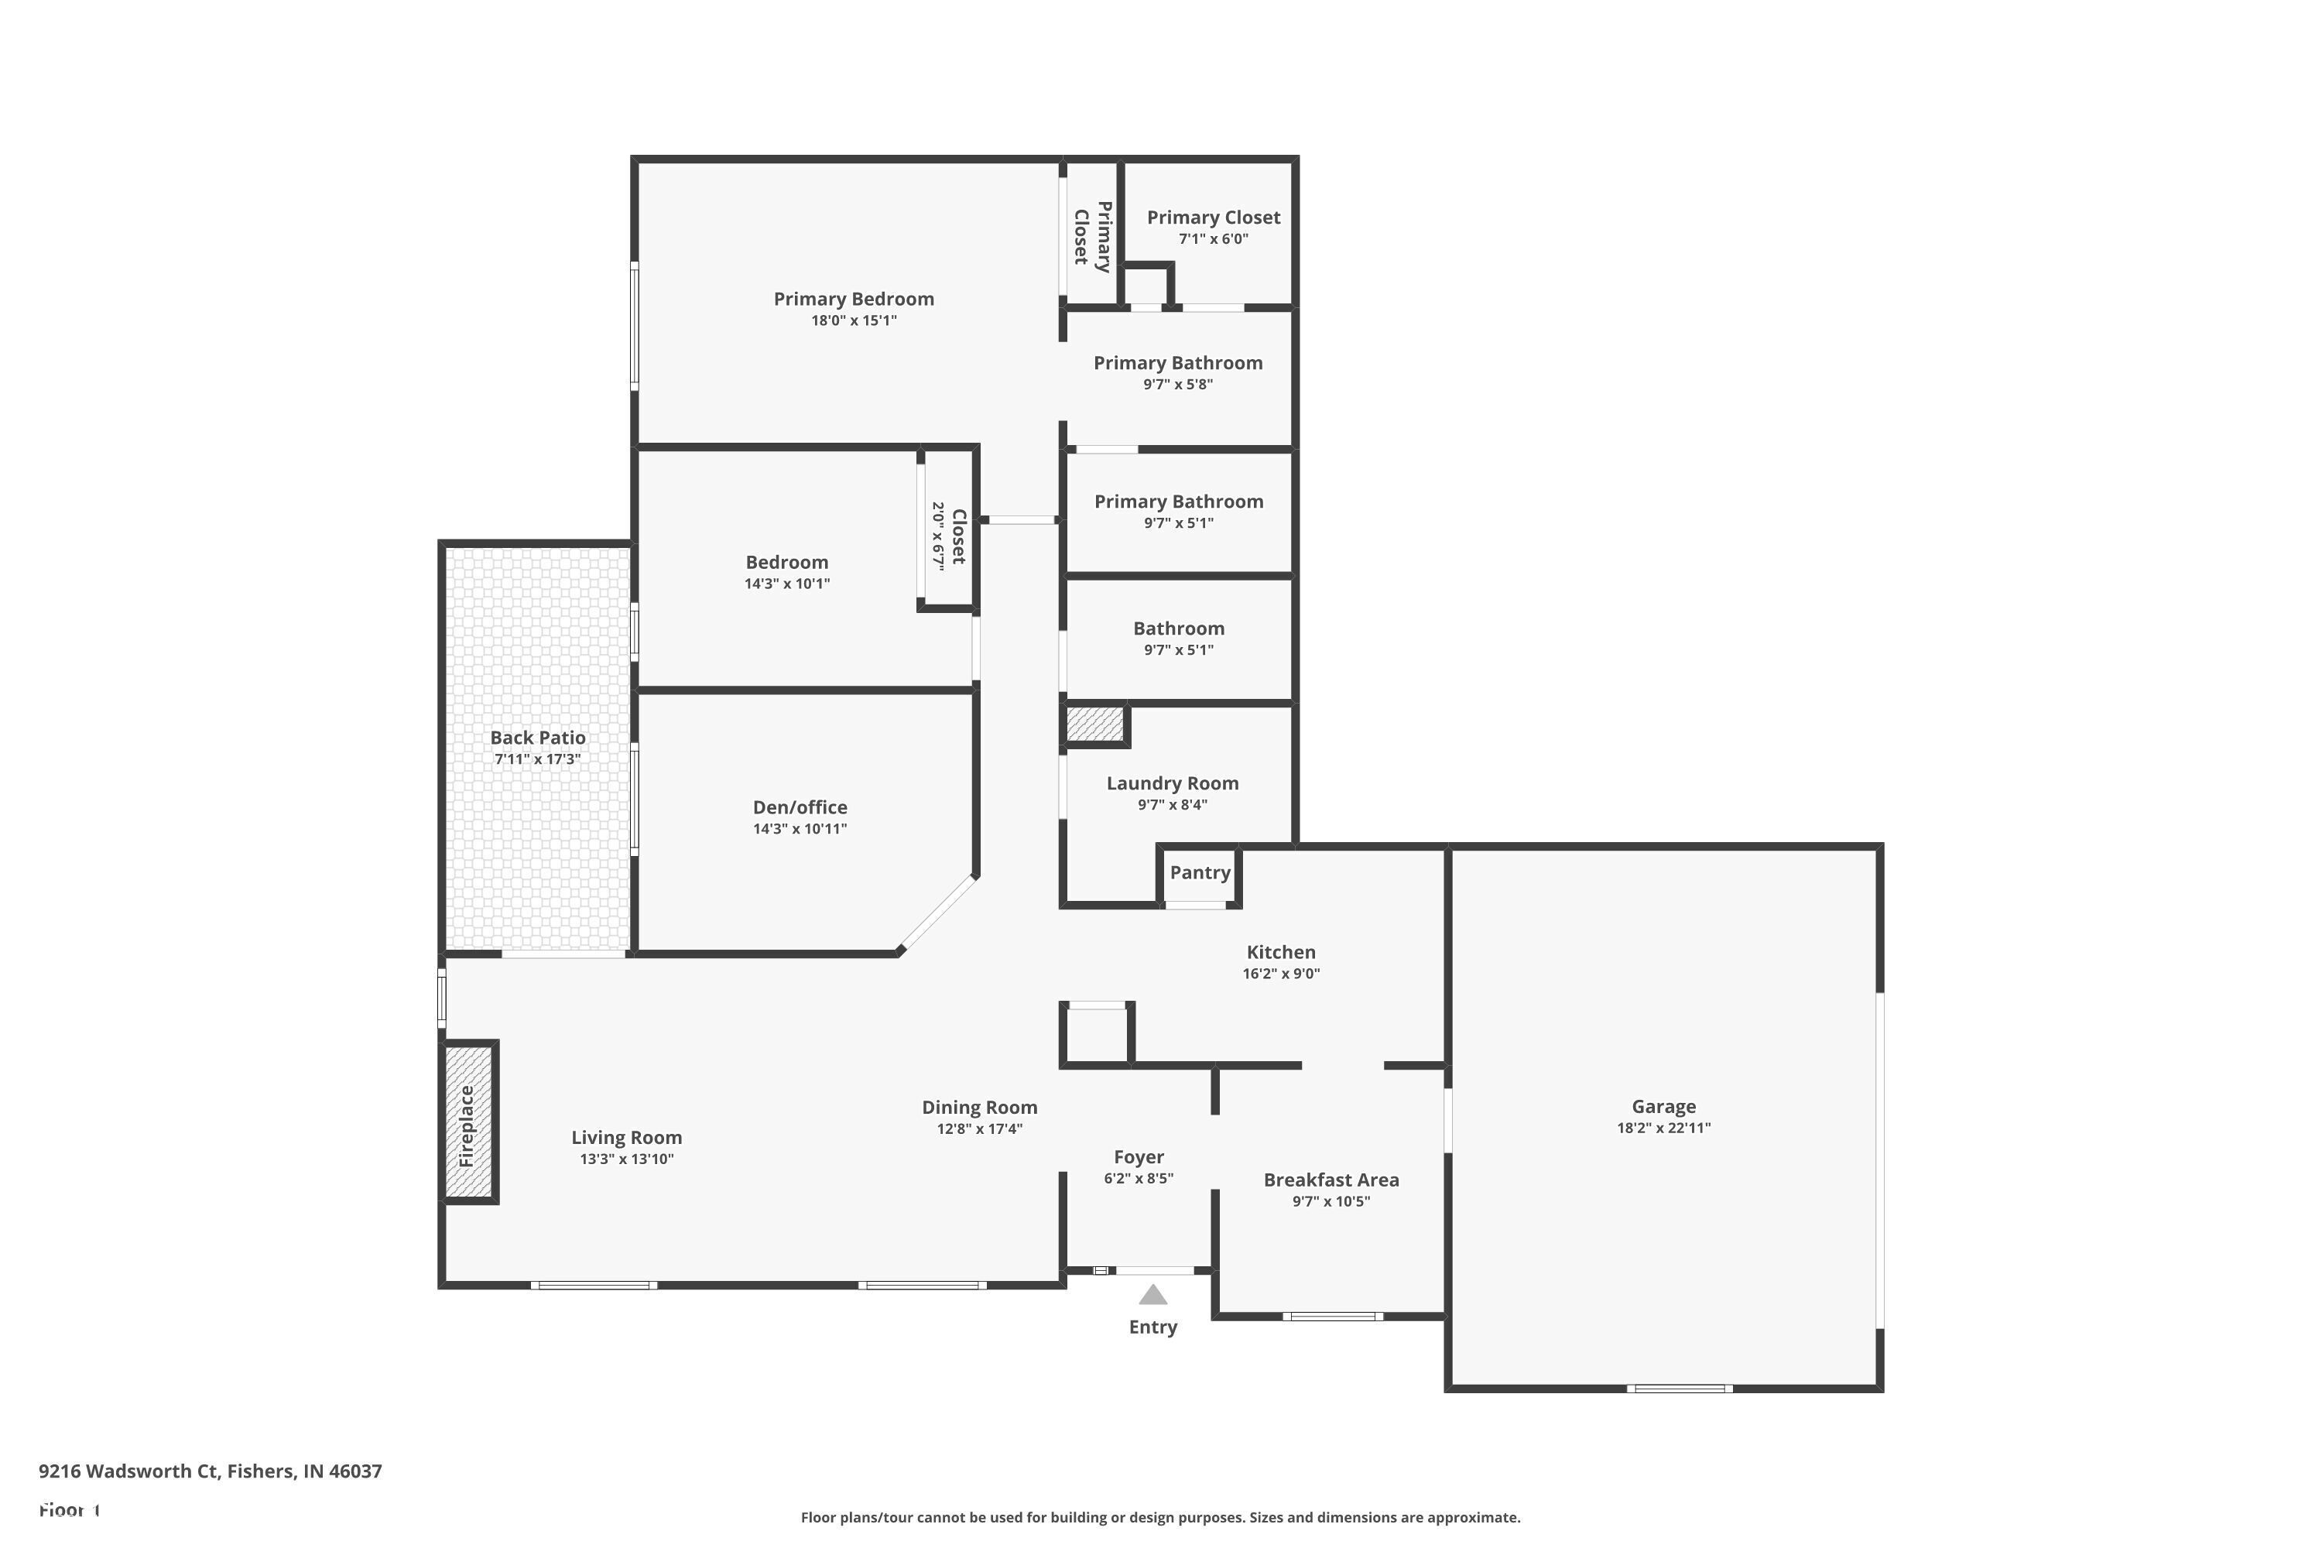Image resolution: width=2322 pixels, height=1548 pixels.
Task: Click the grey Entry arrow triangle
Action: [1153, 1294]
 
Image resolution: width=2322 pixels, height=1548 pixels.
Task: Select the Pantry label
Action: [1200, 873]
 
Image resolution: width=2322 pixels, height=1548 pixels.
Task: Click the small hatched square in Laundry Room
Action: [1095, 724]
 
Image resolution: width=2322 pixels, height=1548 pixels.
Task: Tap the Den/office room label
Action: [800, 807]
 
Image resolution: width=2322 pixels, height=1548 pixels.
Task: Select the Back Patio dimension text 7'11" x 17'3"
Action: [537, 759]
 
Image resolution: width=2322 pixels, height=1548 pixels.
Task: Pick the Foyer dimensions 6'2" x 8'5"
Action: [1139, 1179]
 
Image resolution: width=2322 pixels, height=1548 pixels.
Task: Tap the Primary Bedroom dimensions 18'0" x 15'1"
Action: [854, 321]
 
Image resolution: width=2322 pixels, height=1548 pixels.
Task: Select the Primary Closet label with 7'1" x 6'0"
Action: [1214, 217]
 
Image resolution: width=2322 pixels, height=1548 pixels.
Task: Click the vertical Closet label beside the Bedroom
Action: [957, 537]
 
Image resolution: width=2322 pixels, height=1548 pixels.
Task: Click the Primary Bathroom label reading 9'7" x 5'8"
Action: [1178, 363]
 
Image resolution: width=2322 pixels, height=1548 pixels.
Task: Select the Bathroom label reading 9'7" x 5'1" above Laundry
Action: [1179, 628]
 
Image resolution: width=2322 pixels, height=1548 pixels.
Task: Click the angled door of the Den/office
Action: [939, 914]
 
